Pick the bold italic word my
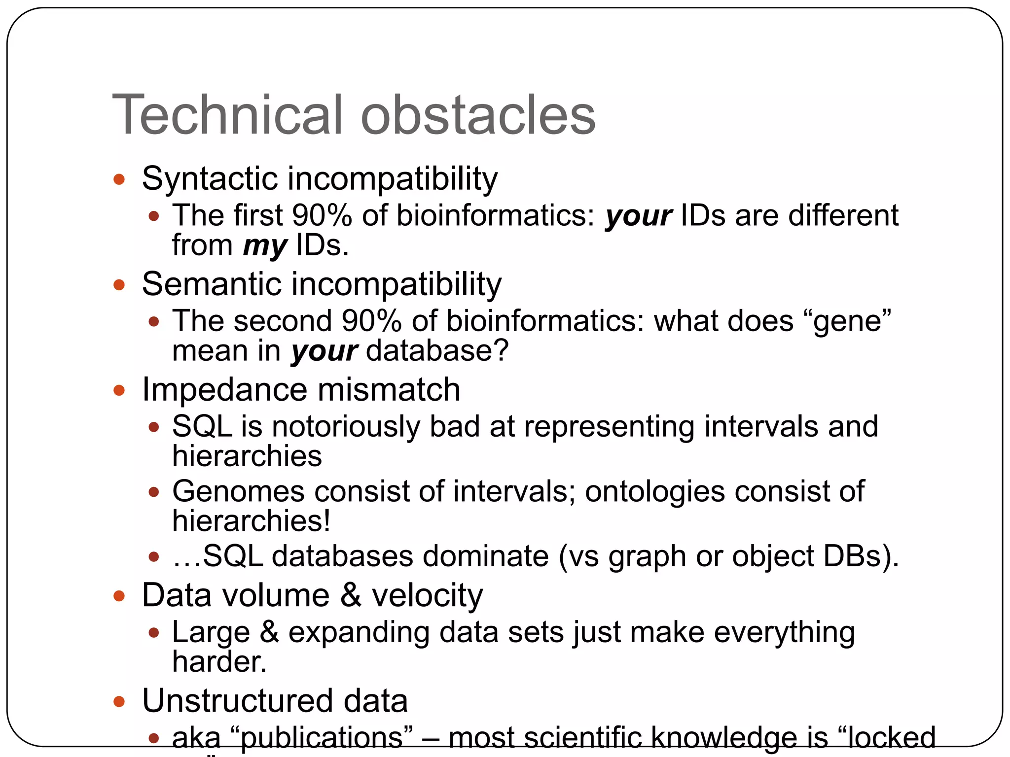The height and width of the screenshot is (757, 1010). [265, 246]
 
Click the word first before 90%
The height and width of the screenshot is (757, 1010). [258, 215]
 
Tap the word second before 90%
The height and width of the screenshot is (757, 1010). [283, 321]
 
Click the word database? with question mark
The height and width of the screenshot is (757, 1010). [437, 351]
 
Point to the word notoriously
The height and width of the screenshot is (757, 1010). [346, 426]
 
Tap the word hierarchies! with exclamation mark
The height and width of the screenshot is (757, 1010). [251, 521]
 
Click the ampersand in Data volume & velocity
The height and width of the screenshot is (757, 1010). [351, 595]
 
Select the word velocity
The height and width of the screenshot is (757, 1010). [427, 596]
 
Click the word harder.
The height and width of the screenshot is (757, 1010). [219, 662]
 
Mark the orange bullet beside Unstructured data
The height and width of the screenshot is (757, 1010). [119, 701]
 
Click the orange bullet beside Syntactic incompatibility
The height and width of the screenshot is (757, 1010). [119, 179]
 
